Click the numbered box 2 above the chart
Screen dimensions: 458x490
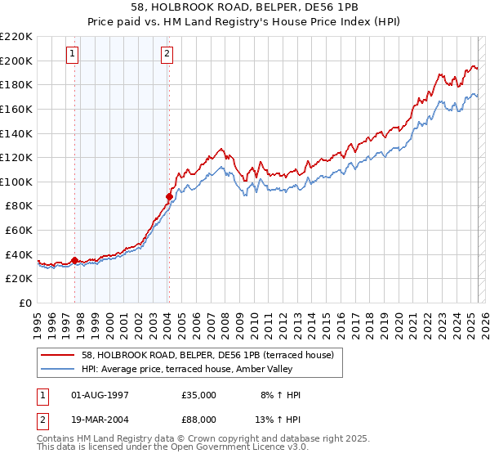167,55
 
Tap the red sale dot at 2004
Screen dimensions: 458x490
169,196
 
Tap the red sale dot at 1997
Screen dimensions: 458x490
74,261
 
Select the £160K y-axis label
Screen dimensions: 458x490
16,109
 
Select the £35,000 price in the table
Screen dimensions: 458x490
199,395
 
